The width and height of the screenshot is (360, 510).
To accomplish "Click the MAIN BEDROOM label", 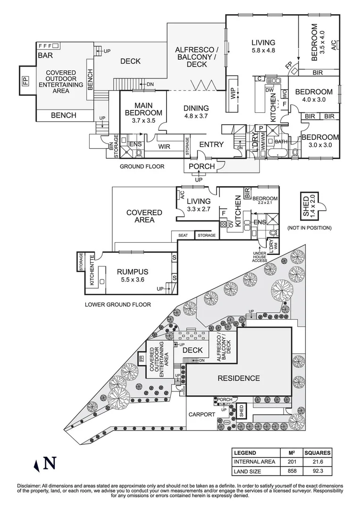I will point(143,113).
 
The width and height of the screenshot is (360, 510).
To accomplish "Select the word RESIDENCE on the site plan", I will point(238,378).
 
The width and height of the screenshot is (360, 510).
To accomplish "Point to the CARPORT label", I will point(202,414).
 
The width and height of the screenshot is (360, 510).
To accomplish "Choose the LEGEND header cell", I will point(245,452).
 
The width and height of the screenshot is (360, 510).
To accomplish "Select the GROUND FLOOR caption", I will point(142,167).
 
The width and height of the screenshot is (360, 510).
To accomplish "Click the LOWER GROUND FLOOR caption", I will point(118,305).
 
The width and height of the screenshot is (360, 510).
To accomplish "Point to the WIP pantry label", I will point(233,93).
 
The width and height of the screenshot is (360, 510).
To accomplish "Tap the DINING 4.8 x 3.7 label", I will point(195,112).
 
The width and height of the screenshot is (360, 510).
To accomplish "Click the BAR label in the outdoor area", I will point(45,56).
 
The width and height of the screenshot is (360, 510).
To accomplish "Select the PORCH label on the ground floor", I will point(201,166).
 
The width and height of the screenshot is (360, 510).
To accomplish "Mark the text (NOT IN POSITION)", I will point(309,228).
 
